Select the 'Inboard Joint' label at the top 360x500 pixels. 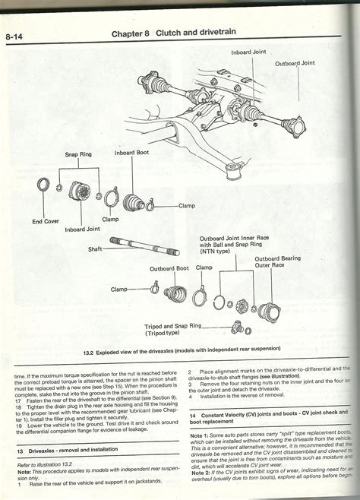252,52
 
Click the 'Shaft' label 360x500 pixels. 96,248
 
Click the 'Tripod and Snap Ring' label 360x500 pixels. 174,328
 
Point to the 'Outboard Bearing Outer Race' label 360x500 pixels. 277,263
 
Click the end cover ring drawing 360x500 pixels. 44,185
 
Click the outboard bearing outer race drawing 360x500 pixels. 269,310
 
